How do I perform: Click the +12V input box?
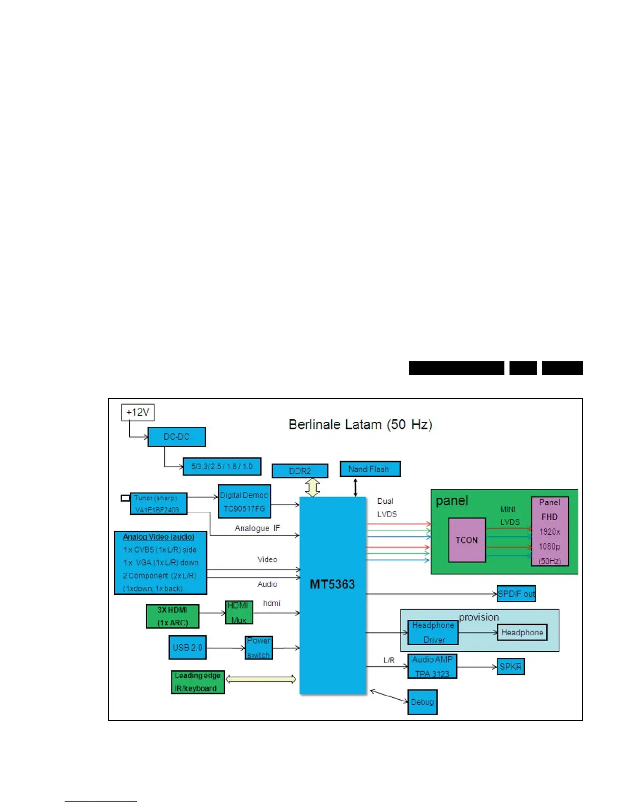(x=137, y=412)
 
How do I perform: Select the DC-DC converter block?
(x=177, y=437)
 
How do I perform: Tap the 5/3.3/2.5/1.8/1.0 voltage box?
(x=222, y=466)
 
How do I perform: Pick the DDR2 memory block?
(x=300, y=471)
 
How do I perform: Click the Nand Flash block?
(x=370, y=469)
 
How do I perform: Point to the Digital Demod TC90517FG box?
(x=244, y=501)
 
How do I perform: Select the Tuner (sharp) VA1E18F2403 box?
(x=158, y=504)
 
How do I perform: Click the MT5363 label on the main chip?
(x=332, y=584)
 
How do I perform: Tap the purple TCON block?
(x=467, y=540)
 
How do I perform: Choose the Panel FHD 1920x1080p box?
(x=550, y=531)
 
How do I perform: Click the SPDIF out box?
(x=516, y=593)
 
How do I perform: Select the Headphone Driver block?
(x=433, y=632)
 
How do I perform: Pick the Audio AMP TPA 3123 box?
(x=432, y=666)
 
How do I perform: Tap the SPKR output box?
(x=511, y=667)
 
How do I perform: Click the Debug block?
(x=422, y=702)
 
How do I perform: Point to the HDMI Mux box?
(x=239, y=612)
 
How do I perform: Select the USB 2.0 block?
(x=187, y=647)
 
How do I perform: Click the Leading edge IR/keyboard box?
(x=197, y=682)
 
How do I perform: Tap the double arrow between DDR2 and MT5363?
(x=313, y=487)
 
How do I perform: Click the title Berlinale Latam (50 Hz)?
(x=360, y=424)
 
